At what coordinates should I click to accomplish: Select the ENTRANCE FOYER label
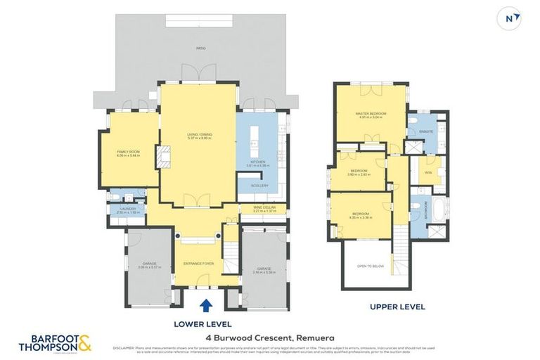click(198, 264)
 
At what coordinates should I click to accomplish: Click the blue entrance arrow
click(206, 306)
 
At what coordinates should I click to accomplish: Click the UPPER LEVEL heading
click(397, 307)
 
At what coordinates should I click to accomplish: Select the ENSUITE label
click(426, 132)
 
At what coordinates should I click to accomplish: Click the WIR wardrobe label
click(428, 172)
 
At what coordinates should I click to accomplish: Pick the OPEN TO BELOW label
click(370, 266)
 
